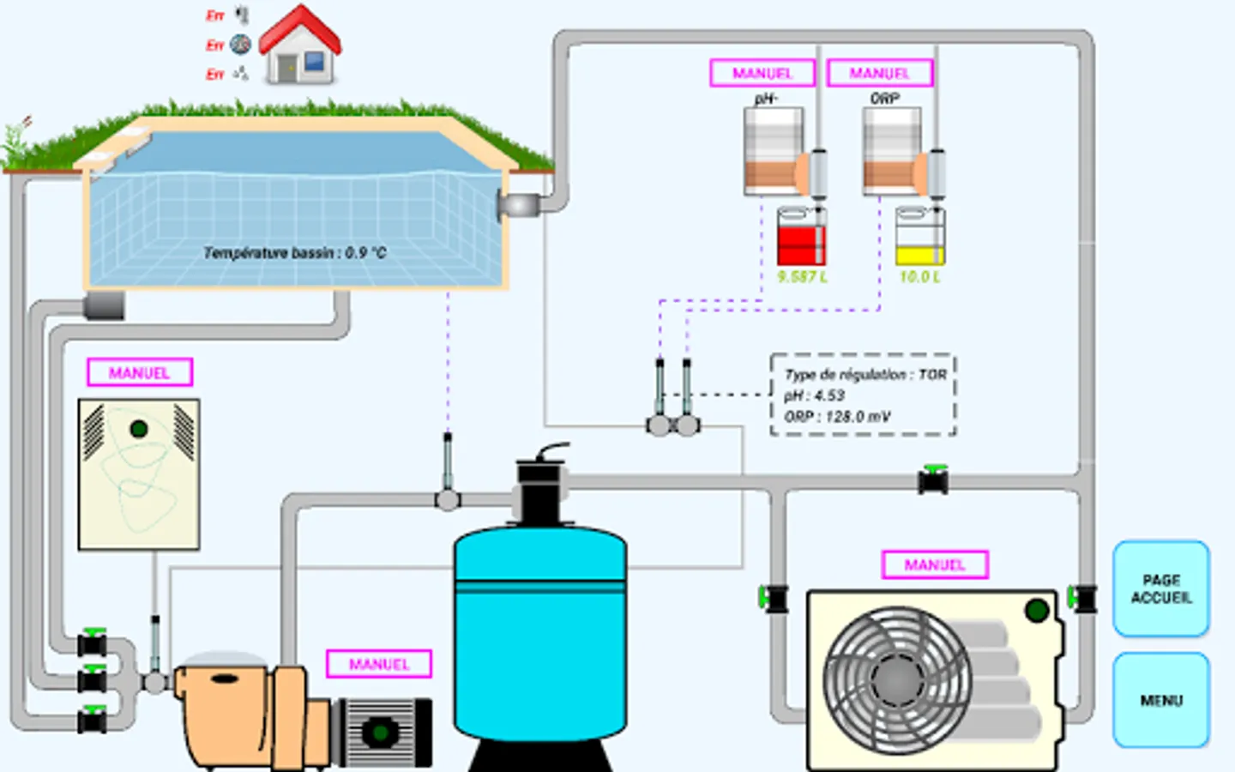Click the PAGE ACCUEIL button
click(1161, 589)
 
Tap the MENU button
click(1161, 700)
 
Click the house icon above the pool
click(300, 46)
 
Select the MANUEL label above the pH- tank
click(762, 74)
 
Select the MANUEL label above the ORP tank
click(880, 74)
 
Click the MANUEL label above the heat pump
click(935, 565)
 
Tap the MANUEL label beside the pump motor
click(379, 664)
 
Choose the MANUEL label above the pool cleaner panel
click(140, 373)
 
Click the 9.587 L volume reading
click(802, 277)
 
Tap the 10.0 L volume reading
click(920, 277)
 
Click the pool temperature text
click(295, 253)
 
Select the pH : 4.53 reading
click(815, 395)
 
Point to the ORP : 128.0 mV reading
click(838, 417)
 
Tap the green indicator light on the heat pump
click(1037, 611)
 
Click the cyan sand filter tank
click(540, 635)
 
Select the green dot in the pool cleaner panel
click(139, 429)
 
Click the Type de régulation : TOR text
click(865, 375)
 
